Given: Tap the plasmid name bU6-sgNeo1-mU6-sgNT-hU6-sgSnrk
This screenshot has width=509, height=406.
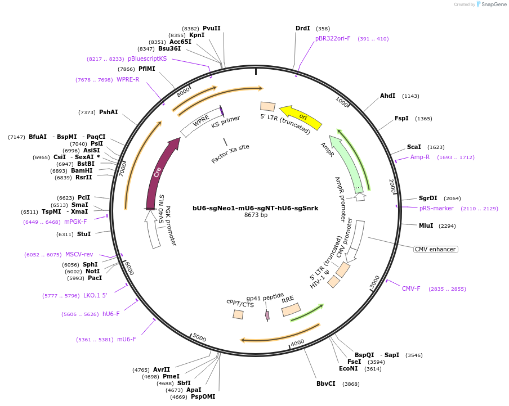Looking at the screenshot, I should click(255, 207).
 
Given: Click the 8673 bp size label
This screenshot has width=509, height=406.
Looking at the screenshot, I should click(255, 215).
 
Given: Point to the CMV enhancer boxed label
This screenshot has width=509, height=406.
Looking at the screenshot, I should click(435, 249).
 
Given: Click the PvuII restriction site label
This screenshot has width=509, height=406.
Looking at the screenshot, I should click(212, 28).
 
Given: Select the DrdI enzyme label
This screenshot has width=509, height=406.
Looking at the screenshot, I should click(302, 28).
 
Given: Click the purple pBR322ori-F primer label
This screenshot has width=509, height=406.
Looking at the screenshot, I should click(333, 38).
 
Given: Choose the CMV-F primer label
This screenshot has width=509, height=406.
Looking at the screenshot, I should click(411, 288).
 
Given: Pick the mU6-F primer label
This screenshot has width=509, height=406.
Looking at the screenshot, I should click(126, 339).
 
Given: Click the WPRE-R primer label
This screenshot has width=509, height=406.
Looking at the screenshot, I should click(128, 79).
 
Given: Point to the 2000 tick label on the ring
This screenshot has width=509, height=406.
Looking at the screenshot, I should click(393, 186).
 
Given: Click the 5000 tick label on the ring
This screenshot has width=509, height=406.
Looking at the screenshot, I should click(199, 337).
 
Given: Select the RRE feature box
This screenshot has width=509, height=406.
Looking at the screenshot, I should click(291, 309).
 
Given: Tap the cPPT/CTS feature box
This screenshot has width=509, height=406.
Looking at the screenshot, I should click(238, 314).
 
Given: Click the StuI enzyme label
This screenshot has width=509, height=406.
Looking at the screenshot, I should click(84, 234).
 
